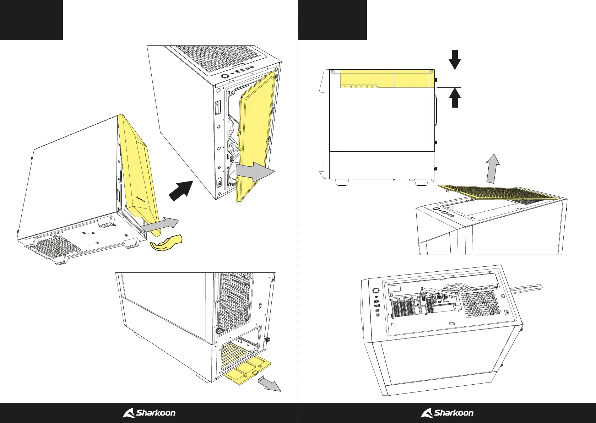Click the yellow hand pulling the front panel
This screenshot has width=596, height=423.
pos(166,244)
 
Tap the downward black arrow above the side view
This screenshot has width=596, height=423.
pos(455,60)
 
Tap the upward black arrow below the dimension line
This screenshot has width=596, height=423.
pos(455,98)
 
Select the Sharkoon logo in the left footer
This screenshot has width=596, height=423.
pos(149,413)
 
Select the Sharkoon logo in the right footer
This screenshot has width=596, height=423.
pos(447,413)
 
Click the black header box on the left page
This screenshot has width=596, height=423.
pos(31,20)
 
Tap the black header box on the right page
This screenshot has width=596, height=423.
pos(332,20)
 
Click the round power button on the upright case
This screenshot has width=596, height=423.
pos(224,76)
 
